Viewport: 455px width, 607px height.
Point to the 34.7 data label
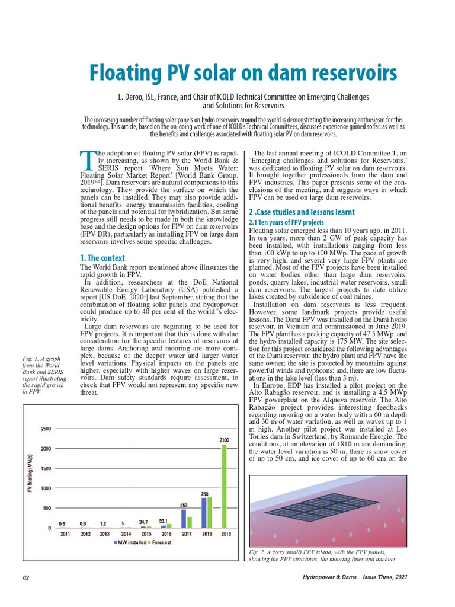click(144, 522)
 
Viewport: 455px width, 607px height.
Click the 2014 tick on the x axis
click(126, 534)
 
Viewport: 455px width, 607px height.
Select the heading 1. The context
click(102, 257)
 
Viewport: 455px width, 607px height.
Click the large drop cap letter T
click(86, 161)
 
